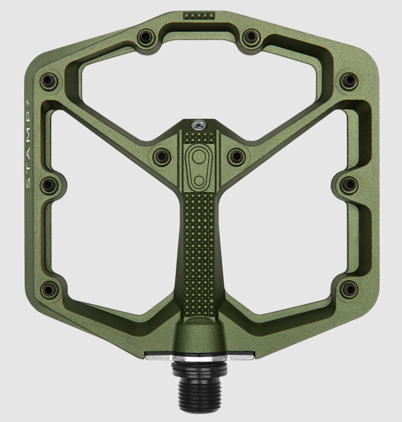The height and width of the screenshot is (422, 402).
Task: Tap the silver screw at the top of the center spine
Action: point(199,125)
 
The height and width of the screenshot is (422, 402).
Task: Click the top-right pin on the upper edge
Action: point(251,37)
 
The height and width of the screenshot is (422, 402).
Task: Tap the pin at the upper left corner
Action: point(48,80)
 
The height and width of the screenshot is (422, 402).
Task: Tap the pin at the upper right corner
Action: point(349,80)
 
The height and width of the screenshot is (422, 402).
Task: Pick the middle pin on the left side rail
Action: point(48,185)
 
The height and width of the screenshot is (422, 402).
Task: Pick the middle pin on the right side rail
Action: point(349,185)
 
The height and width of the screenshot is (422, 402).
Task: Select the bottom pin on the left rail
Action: point(49,289)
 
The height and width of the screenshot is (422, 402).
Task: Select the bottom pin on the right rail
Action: point(349,289)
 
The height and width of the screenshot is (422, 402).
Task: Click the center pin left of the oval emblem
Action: point(162,156)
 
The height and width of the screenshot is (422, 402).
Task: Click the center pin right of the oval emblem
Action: point(236,156)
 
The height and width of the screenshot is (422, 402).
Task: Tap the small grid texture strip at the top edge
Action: point(199,16)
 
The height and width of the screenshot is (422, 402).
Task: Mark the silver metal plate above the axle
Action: point(199,357)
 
